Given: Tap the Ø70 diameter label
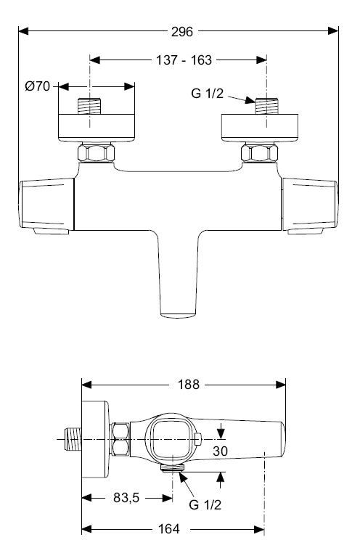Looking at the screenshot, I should (x=37, y=86).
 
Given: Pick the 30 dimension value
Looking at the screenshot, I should (x=221, y=451).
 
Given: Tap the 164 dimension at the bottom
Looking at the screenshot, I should (x=168, y=529).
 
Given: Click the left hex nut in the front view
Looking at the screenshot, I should (x=95, y=153).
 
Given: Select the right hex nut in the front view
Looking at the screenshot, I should (x=260, y=153).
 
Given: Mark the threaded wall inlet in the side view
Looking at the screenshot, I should (x=70, y=440).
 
